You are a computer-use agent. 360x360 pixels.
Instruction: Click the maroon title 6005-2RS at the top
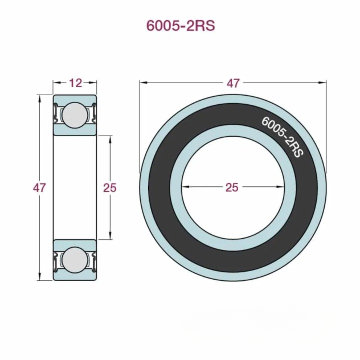180,26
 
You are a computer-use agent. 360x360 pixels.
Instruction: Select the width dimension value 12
75,83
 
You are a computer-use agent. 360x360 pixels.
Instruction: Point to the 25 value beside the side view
109,188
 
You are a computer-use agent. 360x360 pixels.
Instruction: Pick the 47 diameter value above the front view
233,83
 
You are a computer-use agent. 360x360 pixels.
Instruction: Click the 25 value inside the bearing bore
232,187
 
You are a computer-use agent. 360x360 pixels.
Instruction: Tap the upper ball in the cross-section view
75,114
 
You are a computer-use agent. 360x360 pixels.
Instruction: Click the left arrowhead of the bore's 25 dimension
184,187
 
